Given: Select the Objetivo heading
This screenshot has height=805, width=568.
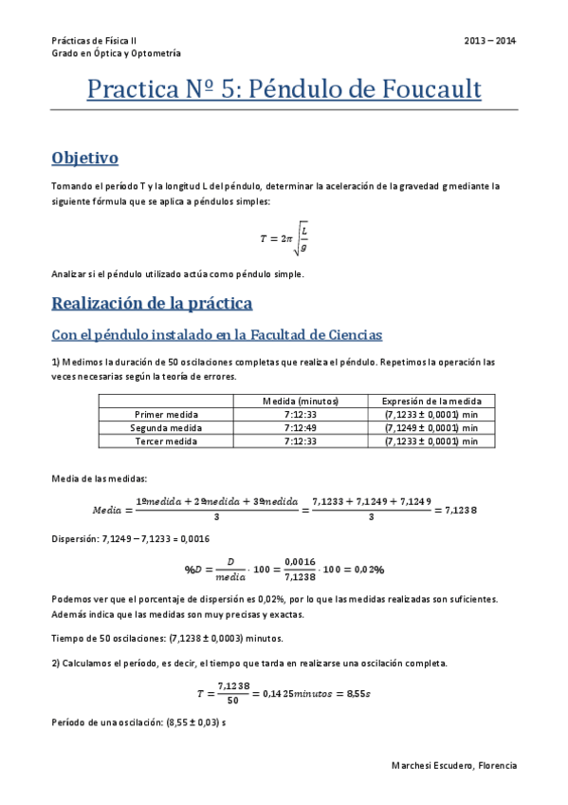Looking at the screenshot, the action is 84,157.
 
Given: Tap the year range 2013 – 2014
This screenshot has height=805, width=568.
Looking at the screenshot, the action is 490,41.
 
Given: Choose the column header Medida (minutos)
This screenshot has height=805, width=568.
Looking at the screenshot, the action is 300,402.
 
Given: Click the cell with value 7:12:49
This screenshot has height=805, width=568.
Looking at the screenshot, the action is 300,428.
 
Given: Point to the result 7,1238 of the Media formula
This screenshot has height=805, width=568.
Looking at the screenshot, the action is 459,510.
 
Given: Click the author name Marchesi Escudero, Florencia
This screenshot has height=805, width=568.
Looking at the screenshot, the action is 453,765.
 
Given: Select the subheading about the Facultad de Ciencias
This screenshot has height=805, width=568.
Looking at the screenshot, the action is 217,334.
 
